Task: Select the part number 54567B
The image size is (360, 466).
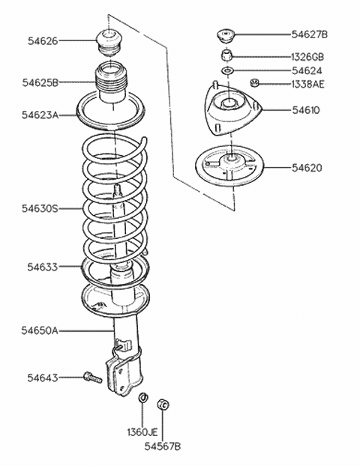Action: point(163,447)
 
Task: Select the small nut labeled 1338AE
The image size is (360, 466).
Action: point(255,83)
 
